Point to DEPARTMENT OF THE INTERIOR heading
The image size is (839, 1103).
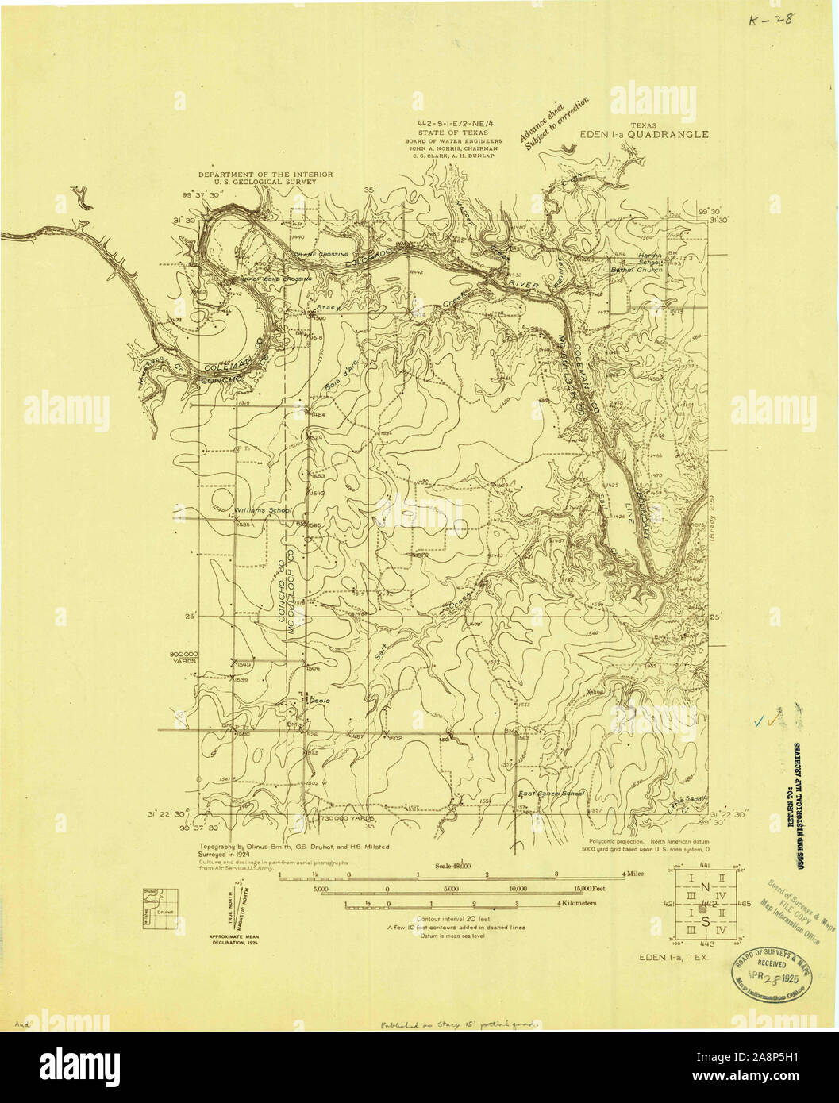click(265, 174)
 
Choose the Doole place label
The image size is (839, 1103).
click(318, 701)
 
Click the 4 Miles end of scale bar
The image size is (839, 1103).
click(632, 874)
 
